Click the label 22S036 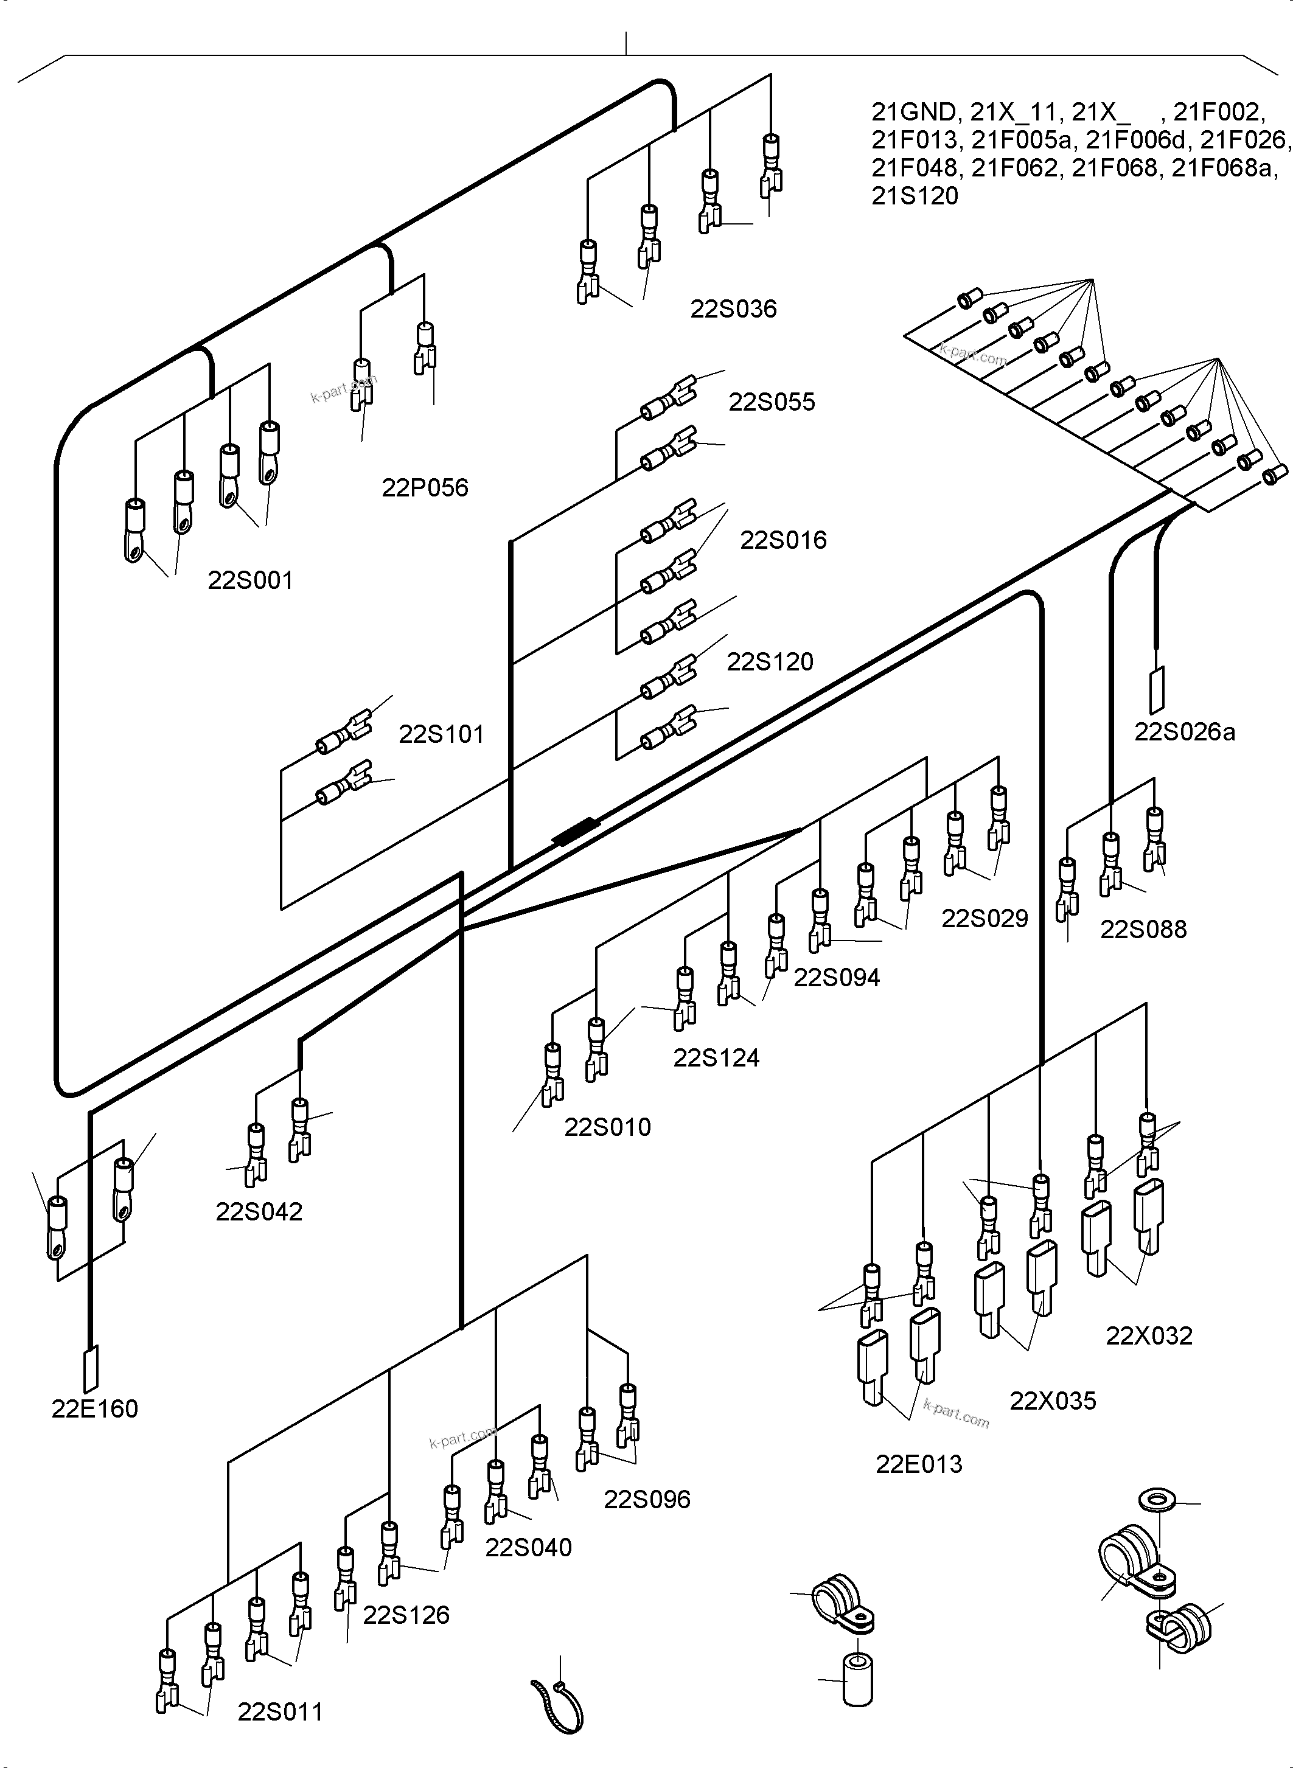coord(733,309)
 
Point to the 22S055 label coord(771,402)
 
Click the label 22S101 coord(441,734)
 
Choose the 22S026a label coord(1184,732)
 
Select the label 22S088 coord(1143,929)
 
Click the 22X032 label coord(1148,1335)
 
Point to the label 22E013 coord(918,1464)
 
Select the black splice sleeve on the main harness coord(576,830)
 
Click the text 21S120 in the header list coord(914,196)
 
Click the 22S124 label coord(716,1057)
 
